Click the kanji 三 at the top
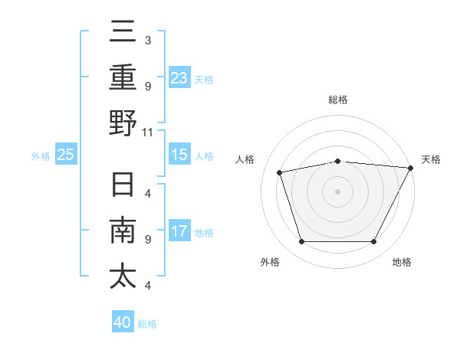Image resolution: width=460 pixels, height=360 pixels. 123,35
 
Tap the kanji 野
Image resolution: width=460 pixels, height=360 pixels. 123,123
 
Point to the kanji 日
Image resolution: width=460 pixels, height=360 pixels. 123,187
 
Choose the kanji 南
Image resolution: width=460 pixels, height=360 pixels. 123,231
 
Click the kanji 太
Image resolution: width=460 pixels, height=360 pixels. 123,275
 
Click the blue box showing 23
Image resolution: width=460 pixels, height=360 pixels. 179,78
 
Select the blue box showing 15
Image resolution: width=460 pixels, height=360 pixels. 179,155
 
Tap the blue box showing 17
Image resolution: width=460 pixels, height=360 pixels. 179,231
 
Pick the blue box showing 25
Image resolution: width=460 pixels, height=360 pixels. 66,155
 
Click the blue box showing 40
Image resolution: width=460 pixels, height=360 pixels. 123,322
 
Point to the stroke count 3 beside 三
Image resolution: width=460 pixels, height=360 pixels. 147,40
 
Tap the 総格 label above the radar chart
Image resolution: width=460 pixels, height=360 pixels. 338,100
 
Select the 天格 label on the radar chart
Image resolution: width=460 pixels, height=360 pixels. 431,159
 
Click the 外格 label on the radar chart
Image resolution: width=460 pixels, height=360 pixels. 270,262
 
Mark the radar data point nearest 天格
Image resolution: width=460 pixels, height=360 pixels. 411,168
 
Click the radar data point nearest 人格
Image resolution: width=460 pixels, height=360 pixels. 280,172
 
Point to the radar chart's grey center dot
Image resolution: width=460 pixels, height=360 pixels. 338,191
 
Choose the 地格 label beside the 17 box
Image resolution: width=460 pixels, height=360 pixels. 204,232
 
